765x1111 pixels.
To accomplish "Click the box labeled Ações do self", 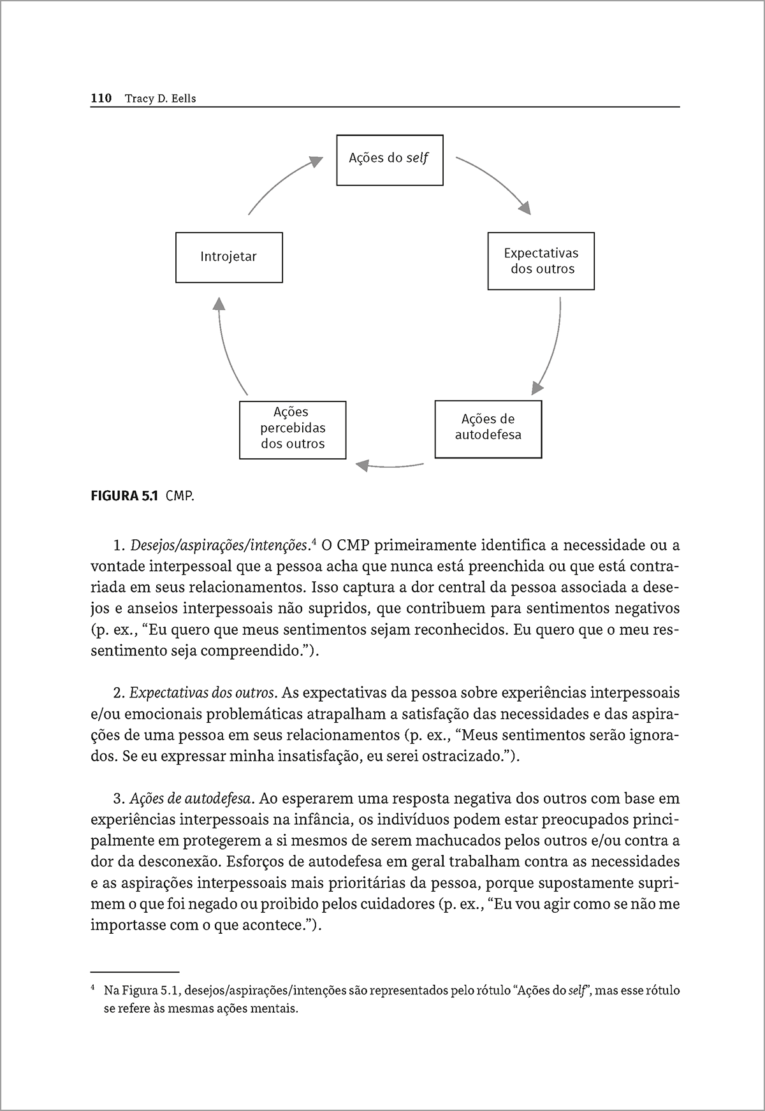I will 390,160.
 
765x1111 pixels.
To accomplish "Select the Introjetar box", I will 229,257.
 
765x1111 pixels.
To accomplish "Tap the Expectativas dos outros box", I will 541,261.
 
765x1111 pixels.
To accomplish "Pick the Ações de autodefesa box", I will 488,429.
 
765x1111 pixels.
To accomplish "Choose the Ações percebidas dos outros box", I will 293,430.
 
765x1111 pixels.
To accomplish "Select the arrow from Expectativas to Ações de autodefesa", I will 552,344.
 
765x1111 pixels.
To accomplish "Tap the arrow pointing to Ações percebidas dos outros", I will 389,466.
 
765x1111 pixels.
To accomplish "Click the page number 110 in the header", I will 101,98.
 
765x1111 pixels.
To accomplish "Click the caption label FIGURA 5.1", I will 125,495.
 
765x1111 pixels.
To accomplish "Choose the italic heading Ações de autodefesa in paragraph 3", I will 193,798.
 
